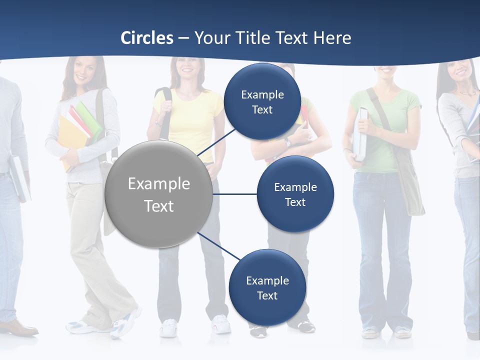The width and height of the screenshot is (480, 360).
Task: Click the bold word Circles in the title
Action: click(147, 38)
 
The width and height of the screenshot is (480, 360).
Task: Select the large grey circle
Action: click(158, 194)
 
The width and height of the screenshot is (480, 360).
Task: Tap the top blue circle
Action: click(262, 101)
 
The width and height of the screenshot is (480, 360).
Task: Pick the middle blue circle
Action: click(295, 194)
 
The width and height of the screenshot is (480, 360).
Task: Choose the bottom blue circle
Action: click(267, 287)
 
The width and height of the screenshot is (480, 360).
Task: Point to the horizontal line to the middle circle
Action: click(234, 194)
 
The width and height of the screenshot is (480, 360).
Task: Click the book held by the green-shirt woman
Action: click(360, 132)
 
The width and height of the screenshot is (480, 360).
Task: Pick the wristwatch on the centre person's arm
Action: click(287, 142)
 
